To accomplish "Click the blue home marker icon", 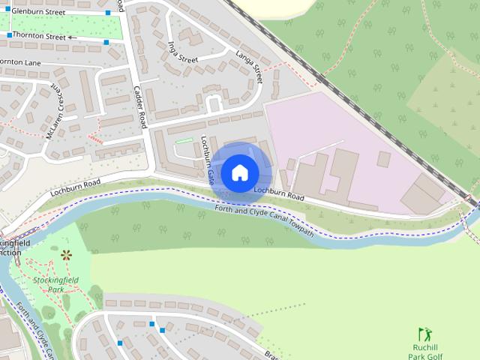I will [239, 173].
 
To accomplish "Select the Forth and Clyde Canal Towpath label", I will [264, 220].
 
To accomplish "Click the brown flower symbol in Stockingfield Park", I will [66, 254].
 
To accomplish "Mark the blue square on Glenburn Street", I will [108, 13].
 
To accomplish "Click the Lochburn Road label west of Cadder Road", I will [75, 187].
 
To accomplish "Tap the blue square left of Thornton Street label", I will [9, 35].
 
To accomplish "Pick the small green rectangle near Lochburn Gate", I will [183, 140].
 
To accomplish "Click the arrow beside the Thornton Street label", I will [73, 36].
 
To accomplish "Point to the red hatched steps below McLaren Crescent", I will [94, 138].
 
